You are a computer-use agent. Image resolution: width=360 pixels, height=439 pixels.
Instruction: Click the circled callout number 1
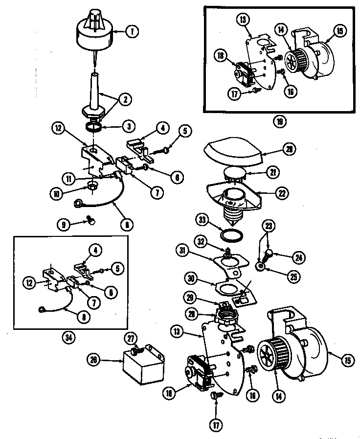pos(132,31)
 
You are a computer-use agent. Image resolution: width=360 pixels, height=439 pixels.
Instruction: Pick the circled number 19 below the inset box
pos(280,120)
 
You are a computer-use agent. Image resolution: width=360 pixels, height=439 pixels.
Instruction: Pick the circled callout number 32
pos(201,241)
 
